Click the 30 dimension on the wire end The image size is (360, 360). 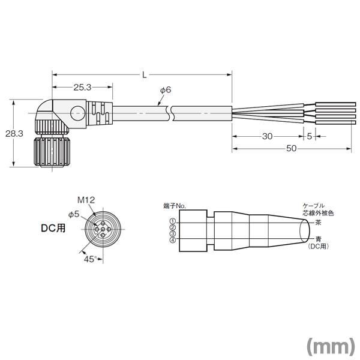(x=268, y=136)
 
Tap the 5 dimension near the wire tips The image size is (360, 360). (x=309, y=136)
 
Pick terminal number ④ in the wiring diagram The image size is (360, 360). (x=172, y=241)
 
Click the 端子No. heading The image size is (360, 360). (x=175, y=206)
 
